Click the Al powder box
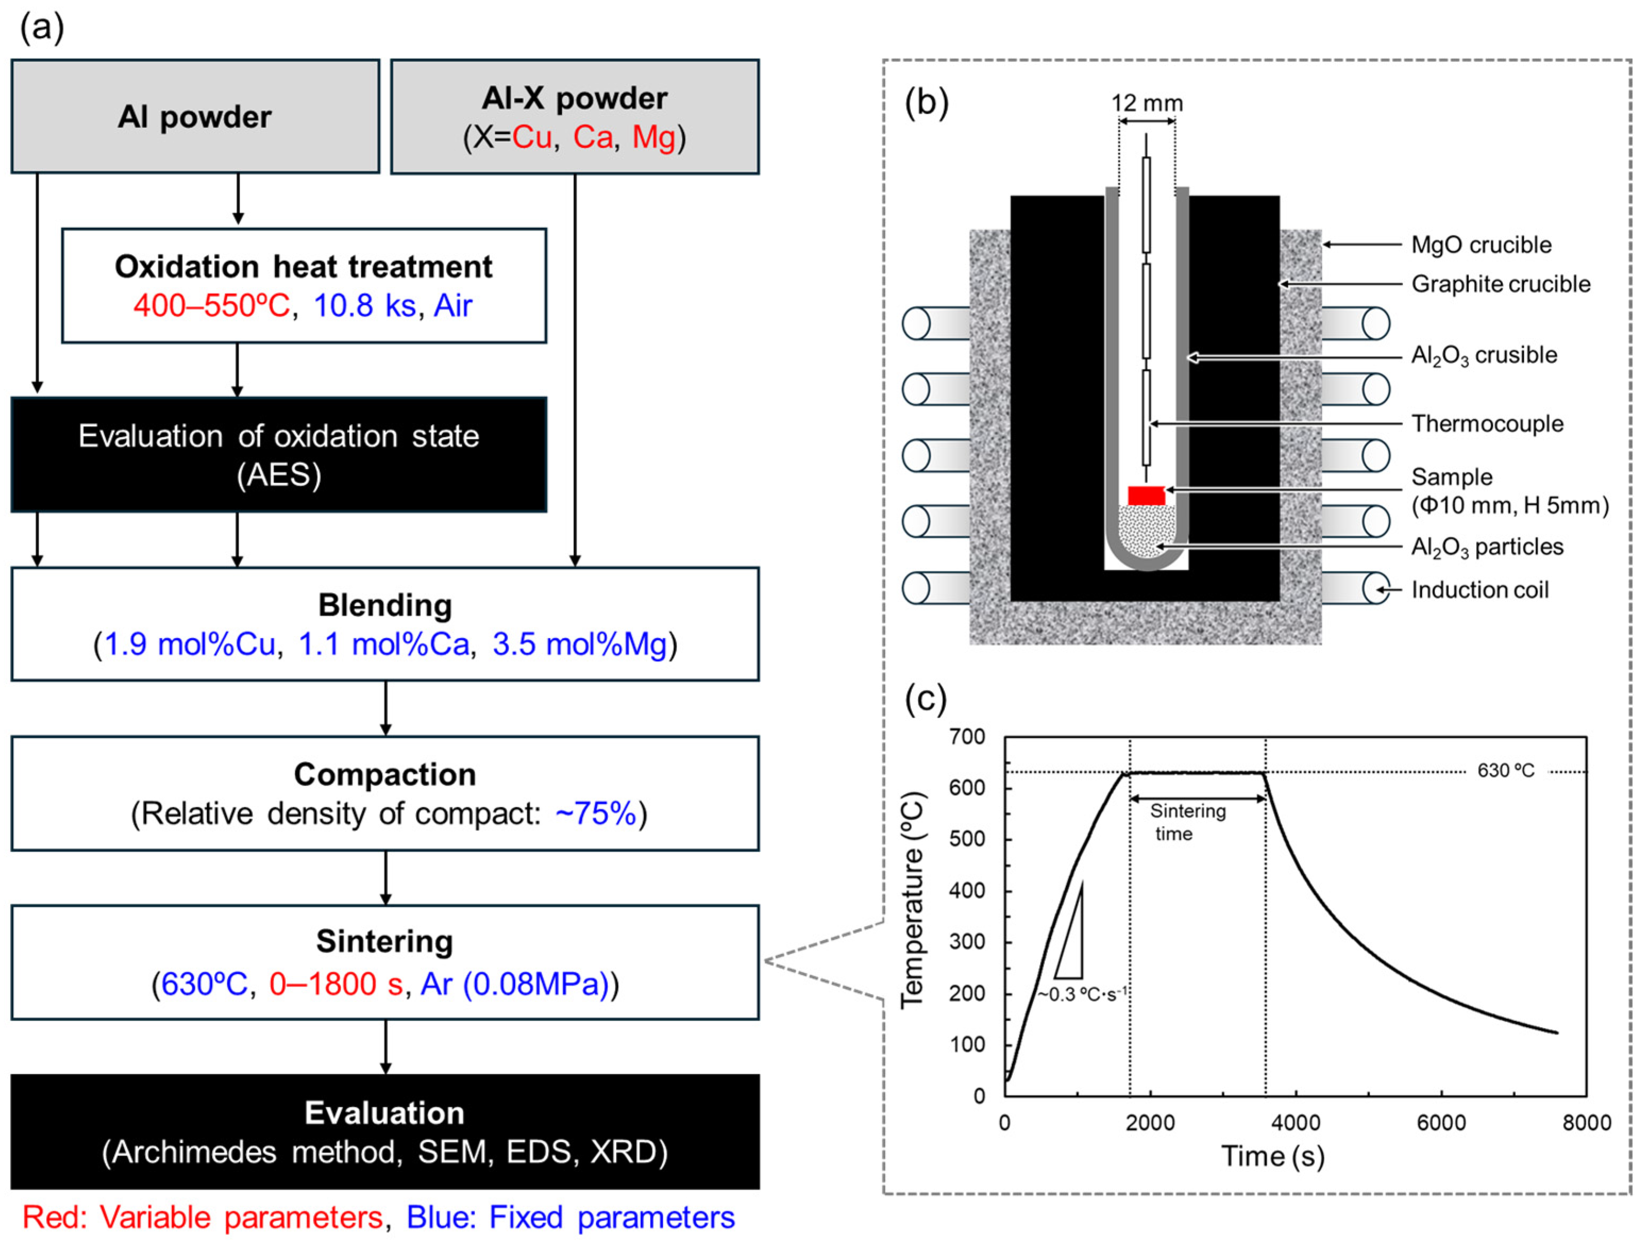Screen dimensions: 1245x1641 [195, 116]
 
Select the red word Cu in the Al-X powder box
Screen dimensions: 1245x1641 [531, 137]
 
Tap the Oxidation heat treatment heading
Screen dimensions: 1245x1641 [303, 266]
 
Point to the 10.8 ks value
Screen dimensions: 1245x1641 [364, 306]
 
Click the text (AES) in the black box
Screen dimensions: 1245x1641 [279, 475]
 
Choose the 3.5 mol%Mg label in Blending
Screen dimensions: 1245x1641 [579, 644]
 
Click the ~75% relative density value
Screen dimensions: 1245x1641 [596, 814]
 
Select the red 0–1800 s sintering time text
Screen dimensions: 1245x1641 [335, 984]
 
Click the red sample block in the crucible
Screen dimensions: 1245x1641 [1146, 495]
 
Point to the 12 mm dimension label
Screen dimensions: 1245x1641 [1147, 103]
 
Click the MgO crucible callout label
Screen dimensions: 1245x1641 [1481, 245]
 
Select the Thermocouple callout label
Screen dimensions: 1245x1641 [1487, 424]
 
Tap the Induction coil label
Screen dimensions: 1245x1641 [1479, 590]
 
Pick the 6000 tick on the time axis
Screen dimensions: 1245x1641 [1441, 1123]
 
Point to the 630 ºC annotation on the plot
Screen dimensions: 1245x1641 [1505, 770]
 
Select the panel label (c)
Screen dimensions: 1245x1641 [926, 699]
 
